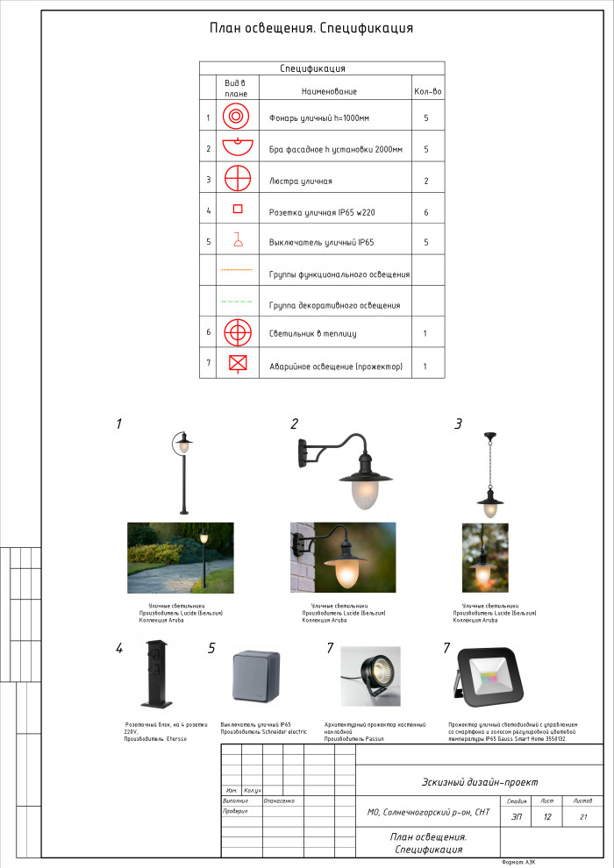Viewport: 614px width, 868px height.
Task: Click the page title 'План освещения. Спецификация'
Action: tap(311, 28)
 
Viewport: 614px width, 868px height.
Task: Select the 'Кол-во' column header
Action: tap(425, 91)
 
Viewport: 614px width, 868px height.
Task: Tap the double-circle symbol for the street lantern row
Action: tap(234, 117)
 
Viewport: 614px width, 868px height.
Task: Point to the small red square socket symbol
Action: tap(237, 209)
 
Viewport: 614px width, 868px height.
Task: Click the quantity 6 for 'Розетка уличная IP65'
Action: tap(426, 211)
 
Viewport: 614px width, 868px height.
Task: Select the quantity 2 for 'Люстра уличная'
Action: tap(426, 181)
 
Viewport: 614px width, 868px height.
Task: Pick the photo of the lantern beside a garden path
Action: tap(181, 558)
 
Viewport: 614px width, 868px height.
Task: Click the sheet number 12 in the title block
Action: tap(547, 817)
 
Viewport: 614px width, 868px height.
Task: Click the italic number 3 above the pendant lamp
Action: tap(458, 424)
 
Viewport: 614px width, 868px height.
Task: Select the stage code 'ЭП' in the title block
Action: tap(516, 817)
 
